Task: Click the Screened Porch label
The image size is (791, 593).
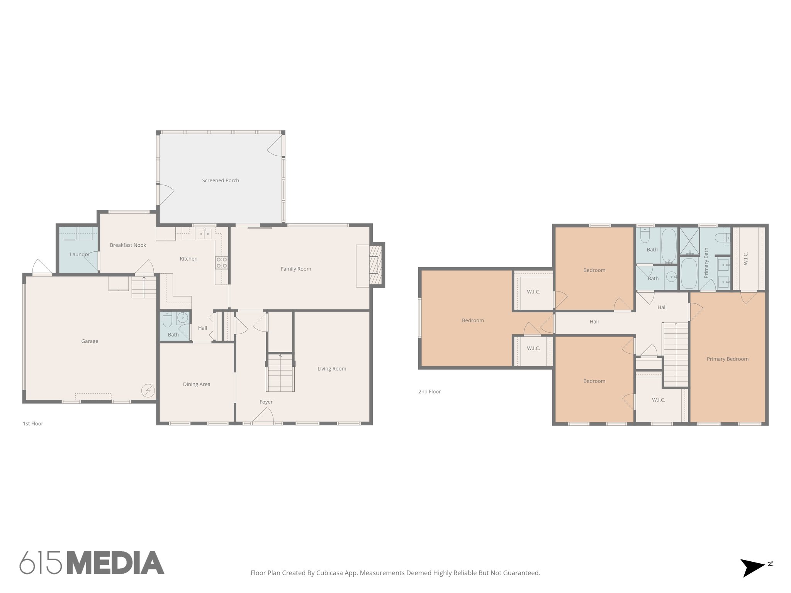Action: click(x=221, y=180)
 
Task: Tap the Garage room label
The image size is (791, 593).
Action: click(x=90, y=341)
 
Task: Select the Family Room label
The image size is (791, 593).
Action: click(x=296, y=269)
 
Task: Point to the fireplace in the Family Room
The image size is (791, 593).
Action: click(x=375, y=265)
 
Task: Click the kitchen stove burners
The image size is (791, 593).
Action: click(x=222, y=263)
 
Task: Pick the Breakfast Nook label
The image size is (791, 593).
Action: click(x=128, y=245)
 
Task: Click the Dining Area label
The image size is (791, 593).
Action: click(x=197, y=385)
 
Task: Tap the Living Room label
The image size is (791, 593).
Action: click(x=332, y=369)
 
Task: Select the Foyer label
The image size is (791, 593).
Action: click(x=266, y=402)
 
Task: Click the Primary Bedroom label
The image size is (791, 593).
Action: click(x=728, y=359)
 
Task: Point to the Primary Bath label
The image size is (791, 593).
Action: click(x=706, y=263)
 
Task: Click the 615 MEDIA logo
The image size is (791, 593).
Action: click(x=92, y=563)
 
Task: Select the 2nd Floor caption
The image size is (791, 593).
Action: click(x=429, y=391)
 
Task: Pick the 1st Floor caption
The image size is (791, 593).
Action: click(x=33, y=424)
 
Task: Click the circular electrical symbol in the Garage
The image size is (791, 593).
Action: click(x=148, y=391)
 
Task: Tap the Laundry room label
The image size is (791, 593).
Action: click(x=79, y=254)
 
